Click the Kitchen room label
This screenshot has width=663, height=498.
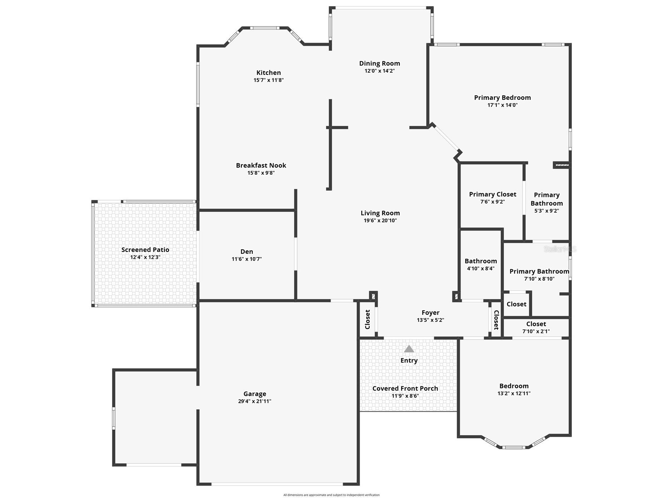269,73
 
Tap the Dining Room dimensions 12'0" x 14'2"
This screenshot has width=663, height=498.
379,71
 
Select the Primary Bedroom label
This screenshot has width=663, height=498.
502,98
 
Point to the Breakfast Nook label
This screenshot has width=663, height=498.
261,165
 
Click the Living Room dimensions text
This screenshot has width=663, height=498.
380,221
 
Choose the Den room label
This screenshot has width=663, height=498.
246,252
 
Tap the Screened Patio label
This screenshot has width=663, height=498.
145,250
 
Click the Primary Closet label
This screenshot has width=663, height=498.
492,194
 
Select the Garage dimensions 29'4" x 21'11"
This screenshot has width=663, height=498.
255,401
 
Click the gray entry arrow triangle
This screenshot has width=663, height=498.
409,349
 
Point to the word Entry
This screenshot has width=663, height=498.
409,361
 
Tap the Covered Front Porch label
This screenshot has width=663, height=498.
405,388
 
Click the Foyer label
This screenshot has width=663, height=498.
430,313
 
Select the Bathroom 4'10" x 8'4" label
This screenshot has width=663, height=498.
481,261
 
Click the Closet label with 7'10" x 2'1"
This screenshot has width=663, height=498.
536,324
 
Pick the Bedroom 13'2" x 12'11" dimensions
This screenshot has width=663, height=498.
514,393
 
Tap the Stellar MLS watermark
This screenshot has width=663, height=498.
560,249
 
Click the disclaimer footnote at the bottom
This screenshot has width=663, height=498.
331,495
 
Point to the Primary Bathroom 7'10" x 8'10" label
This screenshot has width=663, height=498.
539,271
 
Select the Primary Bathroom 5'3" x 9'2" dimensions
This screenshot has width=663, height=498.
546,211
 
